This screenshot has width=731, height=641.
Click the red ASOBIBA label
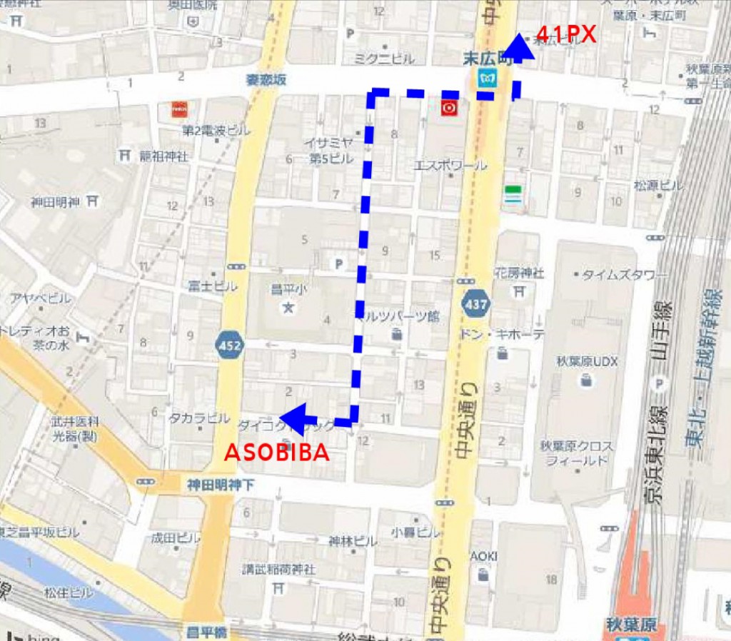click(x=277, y=453)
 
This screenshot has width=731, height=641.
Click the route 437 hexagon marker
click(x=475, y=305)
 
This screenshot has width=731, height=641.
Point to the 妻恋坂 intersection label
click(x=266, y=81)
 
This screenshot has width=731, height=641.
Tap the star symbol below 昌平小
click(x=288, y=308)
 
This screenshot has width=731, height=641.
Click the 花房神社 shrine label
click(x=519, y=273)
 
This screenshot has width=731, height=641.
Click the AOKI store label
click(x=483, y=556)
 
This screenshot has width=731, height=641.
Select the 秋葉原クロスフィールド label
click(x=576, y=453)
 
